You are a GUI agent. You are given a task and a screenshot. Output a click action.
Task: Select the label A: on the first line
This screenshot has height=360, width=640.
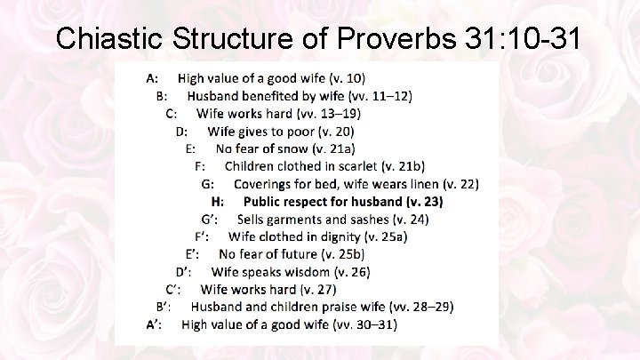(x=153, y=79)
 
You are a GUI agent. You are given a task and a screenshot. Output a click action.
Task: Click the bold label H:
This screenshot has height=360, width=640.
(x=217, y=202)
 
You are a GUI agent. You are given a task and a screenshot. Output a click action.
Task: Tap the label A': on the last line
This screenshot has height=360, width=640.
(x=155, y=324)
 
